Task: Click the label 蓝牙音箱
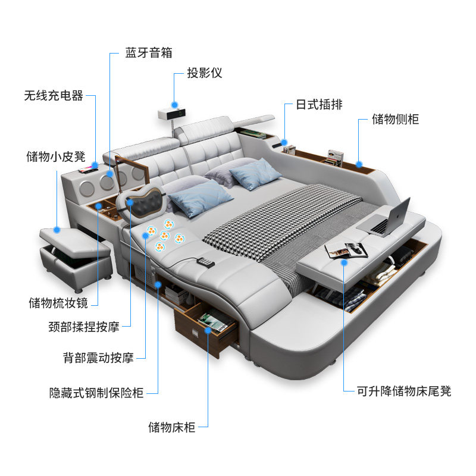pos(148,52)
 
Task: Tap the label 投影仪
pos(204,73)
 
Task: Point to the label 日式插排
pos(319,105)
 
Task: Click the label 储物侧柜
pos(395,119)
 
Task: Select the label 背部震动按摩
pos(98,358)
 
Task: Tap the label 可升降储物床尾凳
pos(404,391)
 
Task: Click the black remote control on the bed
pos(206,262)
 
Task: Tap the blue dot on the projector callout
pos(174,102)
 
